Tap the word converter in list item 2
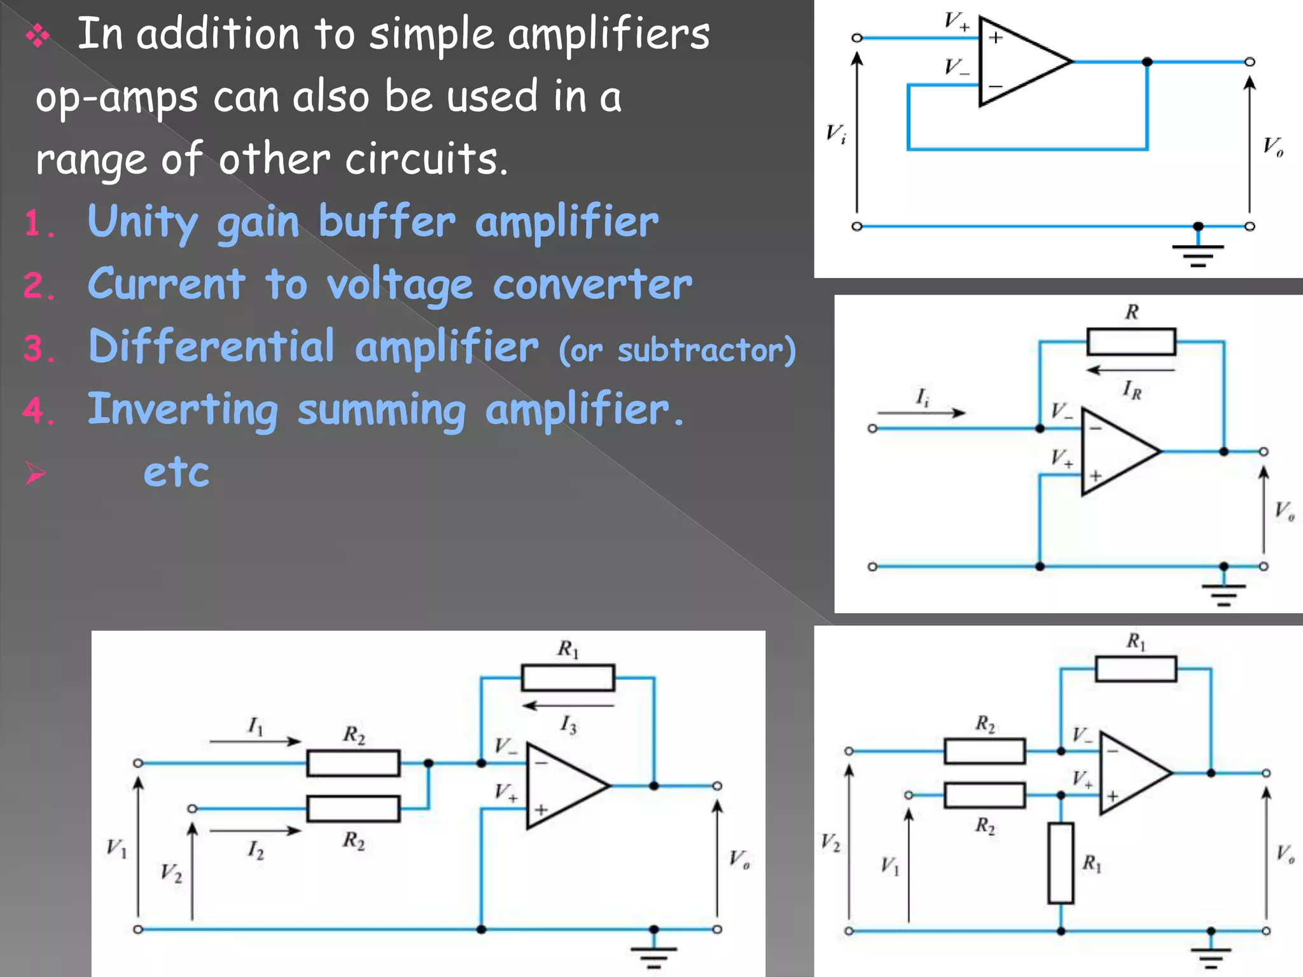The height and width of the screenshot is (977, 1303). point(592,284)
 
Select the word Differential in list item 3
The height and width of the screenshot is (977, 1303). point(211,347)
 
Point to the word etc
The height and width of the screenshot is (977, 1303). point(176,472)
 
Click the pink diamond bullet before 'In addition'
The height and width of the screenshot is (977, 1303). point(38,36)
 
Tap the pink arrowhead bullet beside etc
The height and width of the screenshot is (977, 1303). point(35,474)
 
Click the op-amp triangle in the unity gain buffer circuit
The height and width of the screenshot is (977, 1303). point(1018,62)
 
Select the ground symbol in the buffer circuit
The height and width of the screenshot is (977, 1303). point(1198,254)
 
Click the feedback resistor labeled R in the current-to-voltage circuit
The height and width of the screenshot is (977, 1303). point(1131,342)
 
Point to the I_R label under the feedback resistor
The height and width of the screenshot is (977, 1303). point(1132,389)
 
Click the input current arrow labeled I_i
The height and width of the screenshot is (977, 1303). point(921,413)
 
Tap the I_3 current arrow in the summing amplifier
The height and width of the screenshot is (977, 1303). point(568,705)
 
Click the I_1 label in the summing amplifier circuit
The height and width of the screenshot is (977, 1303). point(255,726)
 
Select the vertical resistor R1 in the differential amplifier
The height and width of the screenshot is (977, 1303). point(1061,863)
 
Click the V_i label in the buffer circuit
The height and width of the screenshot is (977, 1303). point(836,134)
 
